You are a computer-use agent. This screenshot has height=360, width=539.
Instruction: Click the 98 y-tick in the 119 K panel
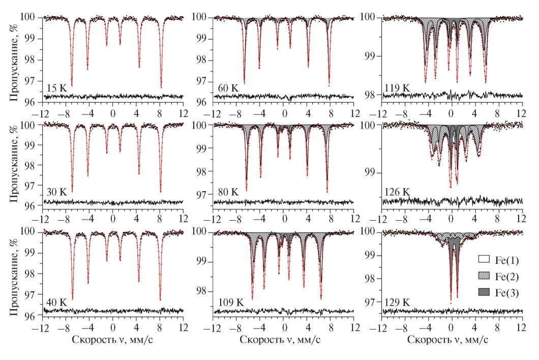coord(370,95)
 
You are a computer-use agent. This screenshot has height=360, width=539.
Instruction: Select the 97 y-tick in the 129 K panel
coord(370,302)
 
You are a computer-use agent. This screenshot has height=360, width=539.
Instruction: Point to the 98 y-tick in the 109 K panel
coord(201,291)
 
